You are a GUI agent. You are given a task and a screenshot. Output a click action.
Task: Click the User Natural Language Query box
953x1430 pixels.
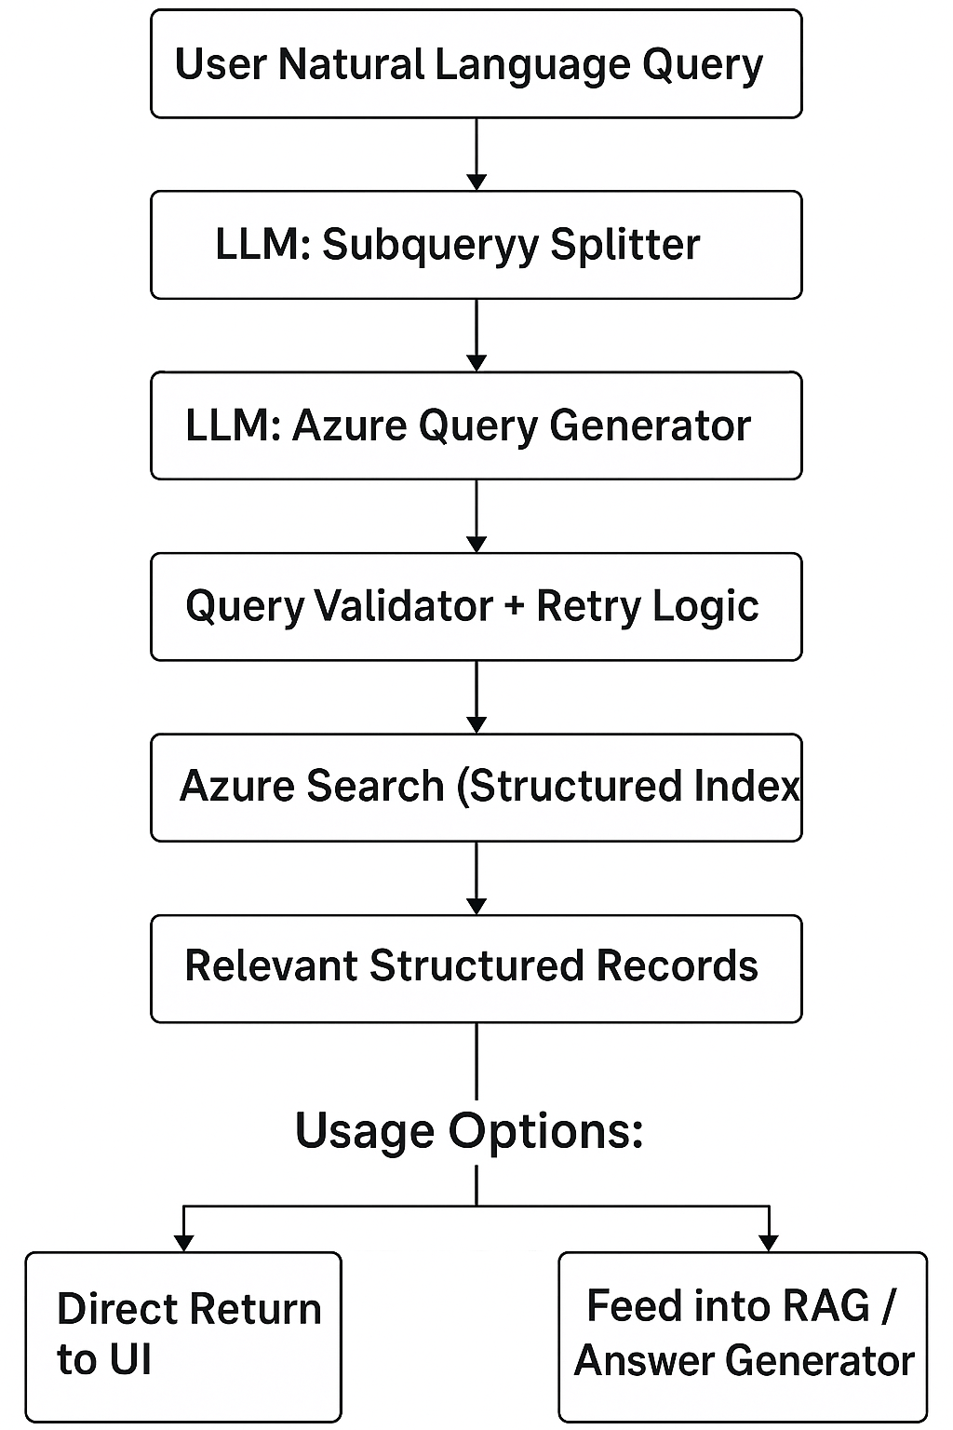coord(476,64)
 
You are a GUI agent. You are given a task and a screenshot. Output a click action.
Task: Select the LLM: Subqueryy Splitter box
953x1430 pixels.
coord(476,245)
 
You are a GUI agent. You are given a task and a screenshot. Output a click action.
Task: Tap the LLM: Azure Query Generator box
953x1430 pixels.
coord(476,425)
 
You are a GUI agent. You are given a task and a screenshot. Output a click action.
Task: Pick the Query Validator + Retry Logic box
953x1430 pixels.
coord(476,606)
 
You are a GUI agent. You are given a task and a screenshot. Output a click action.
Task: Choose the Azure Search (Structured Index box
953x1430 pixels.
coord(476,787)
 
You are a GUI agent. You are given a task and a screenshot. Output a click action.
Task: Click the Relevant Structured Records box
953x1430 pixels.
coord(476,968)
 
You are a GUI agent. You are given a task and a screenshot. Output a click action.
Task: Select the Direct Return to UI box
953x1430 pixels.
coord(183,1335)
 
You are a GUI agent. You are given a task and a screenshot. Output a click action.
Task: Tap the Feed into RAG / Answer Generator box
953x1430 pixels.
coord(743,1335)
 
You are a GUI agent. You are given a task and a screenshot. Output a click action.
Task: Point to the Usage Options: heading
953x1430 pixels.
coord(469,1131)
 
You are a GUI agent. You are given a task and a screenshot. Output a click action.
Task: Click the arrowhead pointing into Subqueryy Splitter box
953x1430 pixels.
coord(476,181)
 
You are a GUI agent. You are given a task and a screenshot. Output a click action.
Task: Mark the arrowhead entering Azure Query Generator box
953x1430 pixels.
coord(476,361)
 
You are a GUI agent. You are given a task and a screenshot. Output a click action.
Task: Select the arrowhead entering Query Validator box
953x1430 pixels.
coord(476,543)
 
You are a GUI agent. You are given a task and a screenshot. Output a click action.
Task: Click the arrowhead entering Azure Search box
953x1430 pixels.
coord(476,723)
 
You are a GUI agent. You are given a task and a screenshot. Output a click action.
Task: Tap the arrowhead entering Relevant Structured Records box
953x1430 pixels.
coord(476,905)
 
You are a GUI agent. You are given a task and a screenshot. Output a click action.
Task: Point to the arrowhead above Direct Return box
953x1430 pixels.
coord(184,1242)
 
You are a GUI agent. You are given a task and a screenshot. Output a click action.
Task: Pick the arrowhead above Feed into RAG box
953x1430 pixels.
coord(769,1242)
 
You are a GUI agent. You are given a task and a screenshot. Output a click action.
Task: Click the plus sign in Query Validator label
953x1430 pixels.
coord(514,607)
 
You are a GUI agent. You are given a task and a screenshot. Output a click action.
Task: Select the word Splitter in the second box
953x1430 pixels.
coord(624,245)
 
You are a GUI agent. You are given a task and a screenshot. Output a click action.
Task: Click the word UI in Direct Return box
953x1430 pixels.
coord(129,1360)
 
